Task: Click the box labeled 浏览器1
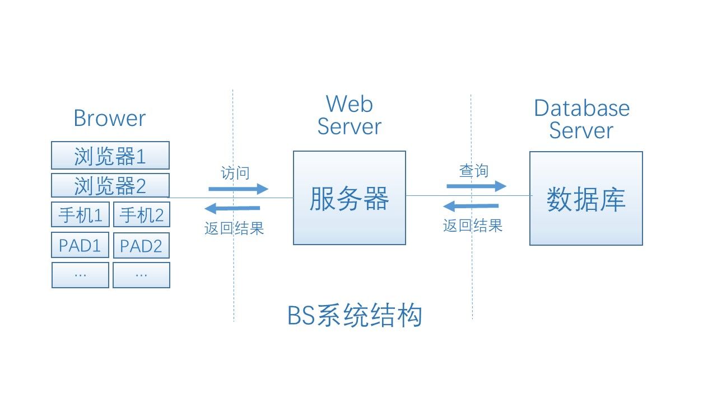[x=110, y=156]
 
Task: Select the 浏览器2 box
[x=110, y=185]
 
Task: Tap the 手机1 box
[x=80, y=215]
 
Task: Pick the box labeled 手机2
[x=141, y=215]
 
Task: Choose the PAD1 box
[x=80, y=245]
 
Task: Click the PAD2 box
[x=141, y=245]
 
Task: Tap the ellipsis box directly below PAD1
[x=80, y=275]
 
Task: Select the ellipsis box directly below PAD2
[x=141, y=275]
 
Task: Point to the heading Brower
[x=109, y=118]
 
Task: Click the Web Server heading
[x=349, y=115]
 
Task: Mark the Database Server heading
[x=581, y=119]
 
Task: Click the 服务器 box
[x=349, y=198]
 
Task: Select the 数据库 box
[x=586, y=198]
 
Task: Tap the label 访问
[x=235, y=173]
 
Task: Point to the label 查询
[x=473, y=171]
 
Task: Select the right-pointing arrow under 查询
[x=476, y=186]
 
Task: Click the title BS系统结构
[x=354, y=316]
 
